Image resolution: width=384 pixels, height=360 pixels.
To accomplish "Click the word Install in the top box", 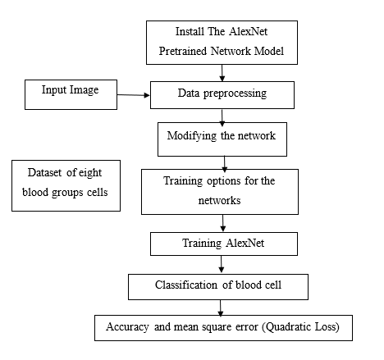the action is click(190, 31).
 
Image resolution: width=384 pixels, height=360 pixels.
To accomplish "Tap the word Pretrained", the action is click(183, 51).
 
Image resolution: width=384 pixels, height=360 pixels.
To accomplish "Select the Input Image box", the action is click(71, 94).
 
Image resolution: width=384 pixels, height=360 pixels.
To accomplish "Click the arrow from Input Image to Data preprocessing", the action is click(134, 95).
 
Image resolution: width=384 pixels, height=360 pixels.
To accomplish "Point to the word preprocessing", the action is click(235, 93).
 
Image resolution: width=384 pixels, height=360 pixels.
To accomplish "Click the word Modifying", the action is click(192, 136).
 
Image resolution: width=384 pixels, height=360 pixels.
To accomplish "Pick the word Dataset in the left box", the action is click(44, 172).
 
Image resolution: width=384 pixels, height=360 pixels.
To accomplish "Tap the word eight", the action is click(90, 173).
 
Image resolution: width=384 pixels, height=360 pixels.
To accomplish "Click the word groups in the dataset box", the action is click(67, 193).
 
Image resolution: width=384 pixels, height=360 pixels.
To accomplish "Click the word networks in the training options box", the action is click(219, 201).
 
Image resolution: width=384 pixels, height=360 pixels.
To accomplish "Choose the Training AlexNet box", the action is click(224, 244).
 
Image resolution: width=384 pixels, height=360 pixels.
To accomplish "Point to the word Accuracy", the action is click(127, 326).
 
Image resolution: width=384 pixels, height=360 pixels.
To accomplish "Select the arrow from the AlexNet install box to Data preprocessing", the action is click(222, 73).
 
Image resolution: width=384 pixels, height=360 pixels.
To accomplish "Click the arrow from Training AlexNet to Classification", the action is click(222, 264).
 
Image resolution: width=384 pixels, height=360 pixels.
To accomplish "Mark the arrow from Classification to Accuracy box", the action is click(220, 308).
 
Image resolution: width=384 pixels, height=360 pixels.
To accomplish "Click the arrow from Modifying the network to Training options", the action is click(224, 163).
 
